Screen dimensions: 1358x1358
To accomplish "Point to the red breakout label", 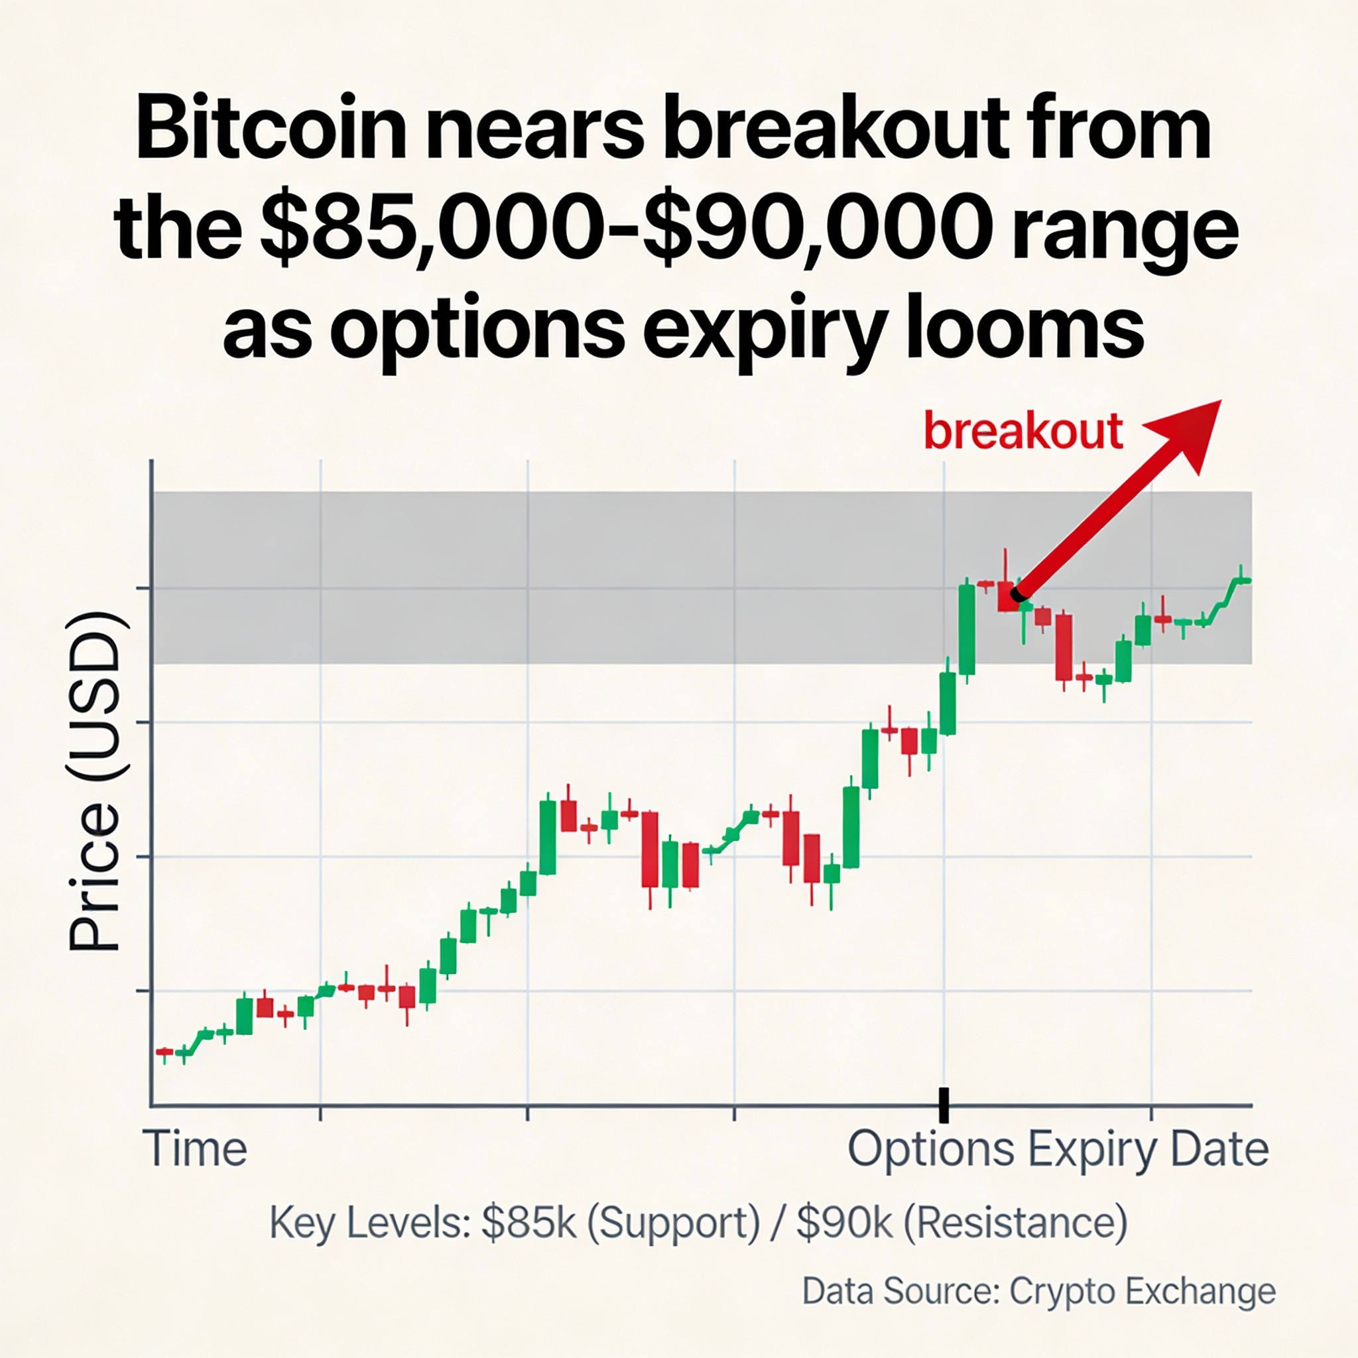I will pos(1022,431).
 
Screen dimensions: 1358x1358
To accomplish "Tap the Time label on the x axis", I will pos(196,1149).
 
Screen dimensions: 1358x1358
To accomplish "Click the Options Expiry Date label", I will pos(1058,1149).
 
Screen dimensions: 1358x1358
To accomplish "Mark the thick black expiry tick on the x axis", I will pos(944,1105).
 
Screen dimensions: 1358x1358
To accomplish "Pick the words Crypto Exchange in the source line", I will pos(1142,1291).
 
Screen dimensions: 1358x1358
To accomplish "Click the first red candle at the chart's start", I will pos(164,1052).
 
